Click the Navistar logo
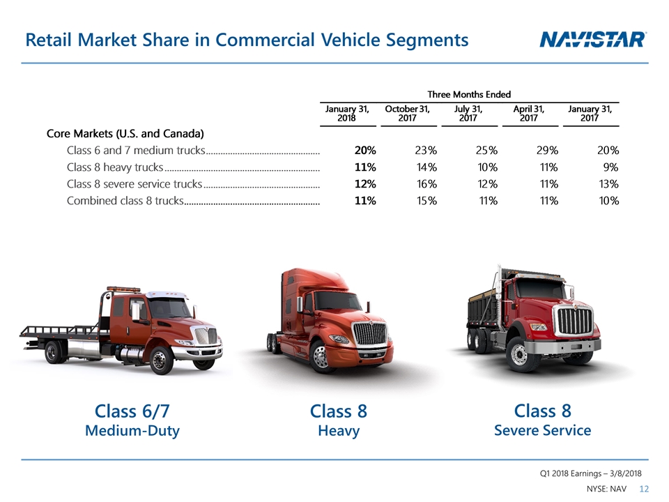coord(593,40)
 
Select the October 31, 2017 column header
coord(407,114)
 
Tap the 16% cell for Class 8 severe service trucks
coord(426,184)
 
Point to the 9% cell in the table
coord(611,167)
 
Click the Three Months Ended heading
coord(469,94)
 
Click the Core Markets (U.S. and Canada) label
coord(125,133)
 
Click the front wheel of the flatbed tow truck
coord(160,360)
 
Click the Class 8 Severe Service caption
coord(542,420)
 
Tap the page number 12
coord(644,489)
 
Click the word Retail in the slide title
coord(51,40)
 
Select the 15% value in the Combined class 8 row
coord(426,201)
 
